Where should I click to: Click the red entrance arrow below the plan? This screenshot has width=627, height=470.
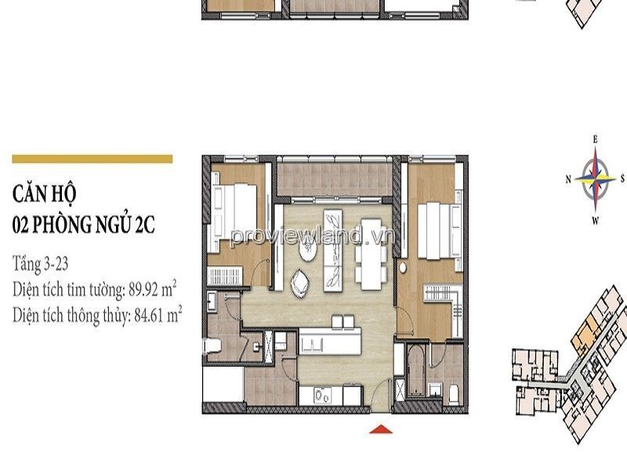tap(380, 428)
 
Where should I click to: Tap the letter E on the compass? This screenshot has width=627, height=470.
tap(595, 139)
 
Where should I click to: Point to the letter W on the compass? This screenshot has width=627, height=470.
tap(595, 221)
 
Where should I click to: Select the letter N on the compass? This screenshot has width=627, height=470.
tap(567, 179)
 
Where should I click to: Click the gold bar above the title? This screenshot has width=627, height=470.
tap(92, 159)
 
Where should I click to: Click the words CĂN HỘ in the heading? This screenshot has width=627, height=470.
tap(44, 194)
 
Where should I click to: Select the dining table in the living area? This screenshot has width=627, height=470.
tap(371, 253)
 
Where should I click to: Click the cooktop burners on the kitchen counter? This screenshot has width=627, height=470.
tap(322, 395)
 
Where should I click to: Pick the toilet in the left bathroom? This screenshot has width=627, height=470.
tap(212, 346)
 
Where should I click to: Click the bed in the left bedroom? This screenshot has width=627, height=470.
tap(234, 218)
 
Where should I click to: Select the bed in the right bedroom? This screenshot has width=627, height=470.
tap(439, 230)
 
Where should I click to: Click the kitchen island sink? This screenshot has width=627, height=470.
tap(312, 345)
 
